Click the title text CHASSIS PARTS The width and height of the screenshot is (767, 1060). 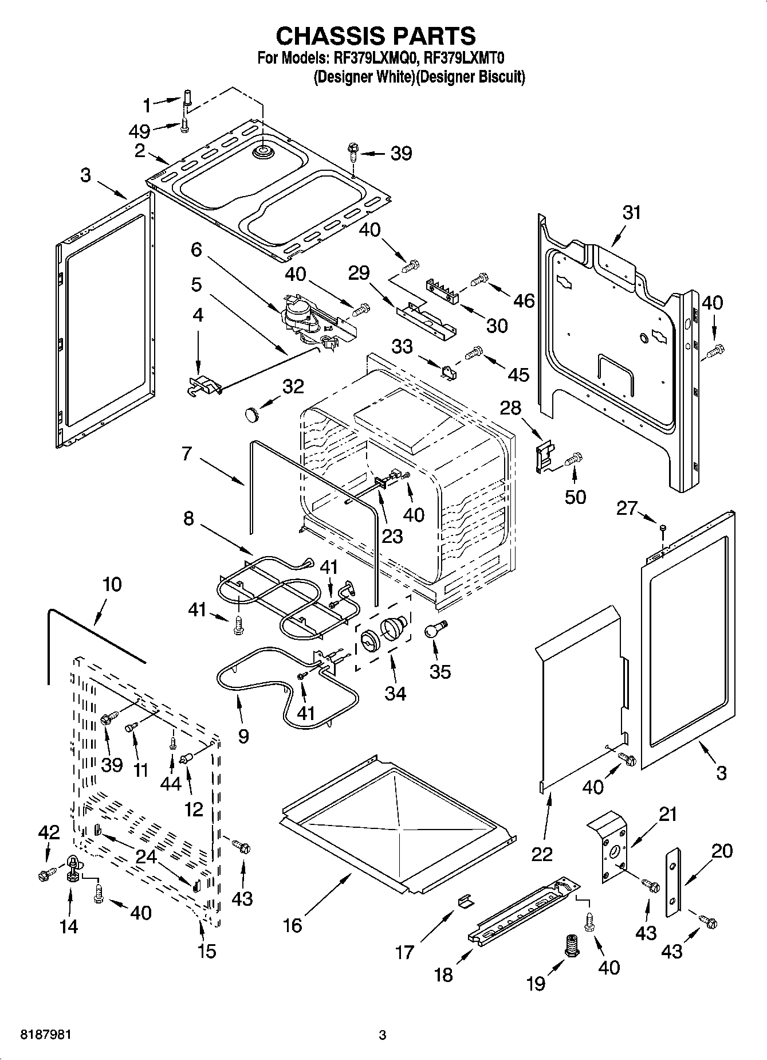coord(376,36)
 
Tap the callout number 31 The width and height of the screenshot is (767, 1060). coord(631,213)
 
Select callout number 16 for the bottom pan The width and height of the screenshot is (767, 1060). coord(293,925)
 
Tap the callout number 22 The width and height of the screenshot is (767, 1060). coord(542,854)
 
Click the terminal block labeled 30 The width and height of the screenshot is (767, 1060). coord(444,290)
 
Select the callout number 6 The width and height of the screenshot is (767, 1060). coord(196,249)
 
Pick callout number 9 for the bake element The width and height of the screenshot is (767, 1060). coord(243,736)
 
